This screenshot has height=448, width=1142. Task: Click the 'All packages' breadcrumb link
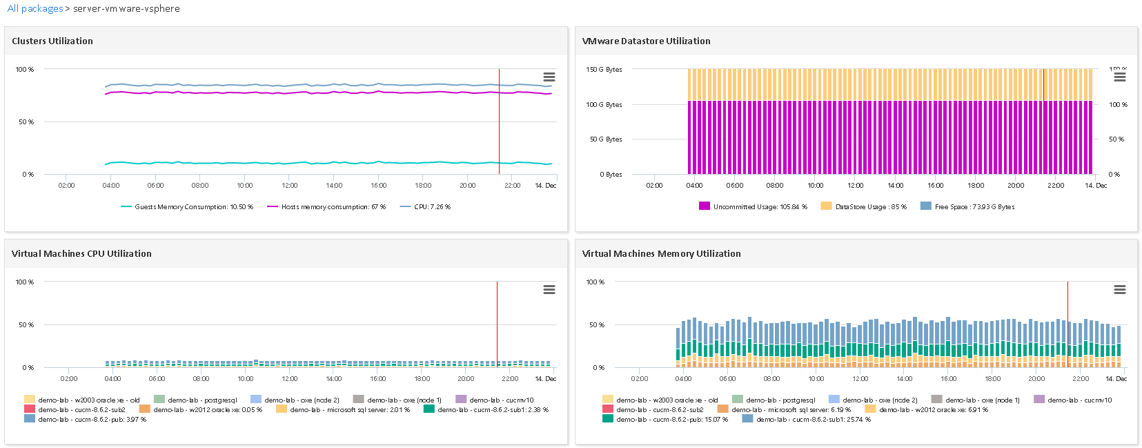click(x=35, y=9)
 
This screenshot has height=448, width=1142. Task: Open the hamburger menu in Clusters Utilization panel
click(x=549, y=77)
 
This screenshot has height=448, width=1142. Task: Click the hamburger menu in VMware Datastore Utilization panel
click(x=1120, y=77)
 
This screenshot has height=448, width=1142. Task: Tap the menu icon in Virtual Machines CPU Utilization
click(x=549, y=290)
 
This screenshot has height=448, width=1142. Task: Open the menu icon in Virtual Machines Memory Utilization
click(x=1120, y=290)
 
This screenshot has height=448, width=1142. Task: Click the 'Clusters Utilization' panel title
click(x=52, y=41)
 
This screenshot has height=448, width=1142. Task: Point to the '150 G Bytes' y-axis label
click(x=604, y=70)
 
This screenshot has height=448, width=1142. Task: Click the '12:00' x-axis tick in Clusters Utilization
click(x=290, y=186)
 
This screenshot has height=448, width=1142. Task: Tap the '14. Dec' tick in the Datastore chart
click(x=1096, y=186)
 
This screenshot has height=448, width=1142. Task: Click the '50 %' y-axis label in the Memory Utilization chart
click(x=596, y=325)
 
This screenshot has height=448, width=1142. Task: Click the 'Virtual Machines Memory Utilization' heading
click(x=661, y=254)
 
